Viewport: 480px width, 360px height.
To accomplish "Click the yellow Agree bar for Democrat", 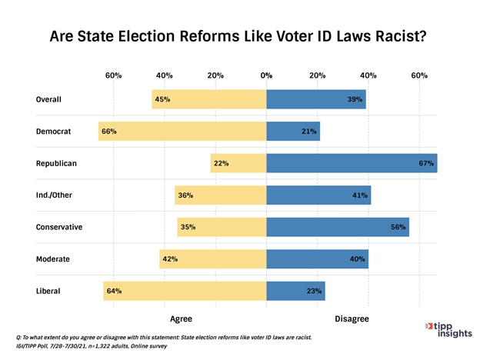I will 182,132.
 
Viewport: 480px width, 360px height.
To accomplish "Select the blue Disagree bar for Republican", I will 352,163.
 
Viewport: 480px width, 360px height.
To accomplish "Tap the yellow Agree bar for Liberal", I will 185,291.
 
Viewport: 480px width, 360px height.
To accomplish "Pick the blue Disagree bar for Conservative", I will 338,227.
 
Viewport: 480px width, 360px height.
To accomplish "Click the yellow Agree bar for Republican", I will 238,163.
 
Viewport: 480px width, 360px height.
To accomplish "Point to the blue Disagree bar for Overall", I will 316,99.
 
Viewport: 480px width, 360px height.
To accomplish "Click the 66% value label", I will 108,132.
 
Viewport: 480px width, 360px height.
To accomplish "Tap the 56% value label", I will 398,227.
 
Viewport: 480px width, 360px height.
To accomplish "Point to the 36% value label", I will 185,195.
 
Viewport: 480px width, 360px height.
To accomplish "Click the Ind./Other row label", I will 54,195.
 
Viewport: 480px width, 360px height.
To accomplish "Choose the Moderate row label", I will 53,259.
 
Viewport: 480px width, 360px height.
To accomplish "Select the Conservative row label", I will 59,227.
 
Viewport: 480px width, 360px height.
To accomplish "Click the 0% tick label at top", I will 267,75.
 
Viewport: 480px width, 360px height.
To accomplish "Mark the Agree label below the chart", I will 181,318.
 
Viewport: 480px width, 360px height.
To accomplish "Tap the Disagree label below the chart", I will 352,318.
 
